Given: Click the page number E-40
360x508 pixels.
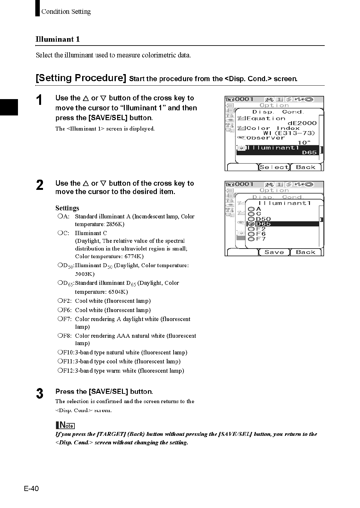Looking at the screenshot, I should pos(31,488).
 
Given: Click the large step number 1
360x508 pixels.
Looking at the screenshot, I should pos(39,100).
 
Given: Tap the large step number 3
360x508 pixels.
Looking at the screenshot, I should pos(39,394).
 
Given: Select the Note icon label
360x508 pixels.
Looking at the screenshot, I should pos(65,426).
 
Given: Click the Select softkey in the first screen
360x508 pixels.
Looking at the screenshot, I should pos(274,167).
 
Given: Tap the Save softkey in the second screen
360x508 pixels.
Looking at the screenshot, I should pos(274,252).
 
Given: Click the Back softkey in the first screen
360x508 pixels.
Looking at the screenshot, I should pos(305,167).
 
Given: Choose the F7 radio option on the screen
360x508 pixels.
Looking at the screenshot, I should pos(252,239).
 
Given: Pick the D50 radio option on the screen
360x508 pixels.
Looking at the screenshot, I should pos(252,219).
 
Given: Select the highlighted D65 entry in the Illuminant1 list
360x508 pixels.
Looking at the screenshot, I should pos(263,224).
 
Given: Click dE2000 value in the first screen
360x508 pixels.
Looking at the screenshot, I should pos(302,123).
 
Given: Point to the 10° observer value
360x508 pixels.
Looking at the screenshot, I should pos(304,143).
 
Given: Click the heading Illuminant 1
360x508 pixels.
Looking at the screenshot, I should pos(58,39).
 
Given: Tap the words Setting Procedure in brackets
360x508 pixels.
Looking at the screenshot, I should pos(81,78).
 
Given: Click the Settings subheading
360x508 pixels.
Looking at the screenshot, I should pos(67,208).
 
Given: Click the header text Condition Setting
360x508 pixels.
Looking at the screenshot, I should pos(66,12).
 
